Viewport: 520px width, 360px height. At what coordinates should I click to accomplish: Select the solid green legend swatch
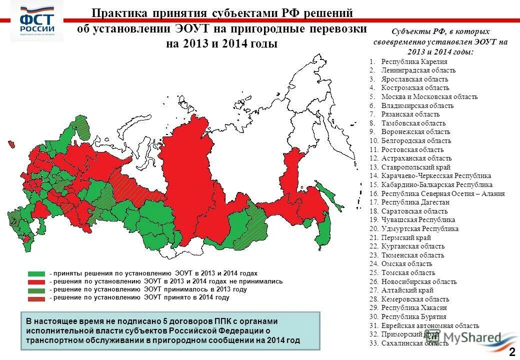(x=36, y=273)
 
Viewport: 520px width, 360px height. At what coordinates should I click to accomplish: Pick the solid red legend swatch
(x=36, y=281)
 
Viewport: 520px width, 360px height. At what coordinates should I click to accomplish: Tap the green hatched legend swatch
(x=36, y=289)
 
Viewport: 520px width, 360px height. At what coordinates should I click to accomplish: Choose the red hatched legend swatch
(x=36, y=297)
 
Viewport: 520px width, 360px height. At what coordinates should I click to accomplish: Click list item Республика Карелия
(x=414, y=61)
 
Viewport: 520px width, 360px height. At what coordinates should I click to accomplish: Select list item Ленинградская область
(x=418, y=70)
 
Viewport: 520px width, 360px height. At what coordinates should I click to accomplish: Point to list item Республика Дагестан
(x=415, y=202)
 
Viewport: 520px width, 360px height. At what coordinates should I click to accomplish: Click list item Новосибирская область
(x=418, y=281)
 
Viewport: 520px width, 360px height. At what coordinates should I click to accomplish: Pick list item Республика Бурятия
(x=413, y=316)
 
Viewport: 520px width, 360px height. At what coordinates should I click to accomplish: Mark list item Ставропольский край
(x=415, y=167)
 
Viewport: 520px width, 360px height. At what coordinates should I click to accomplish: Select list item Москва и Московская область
(x=429, y=97)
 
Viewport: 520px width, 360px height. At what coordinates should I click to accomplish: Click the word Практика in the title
(x=119, y=13)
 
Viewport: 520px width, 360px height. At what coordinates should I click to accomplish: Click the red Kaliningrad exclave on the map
(x=10, y=143)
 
